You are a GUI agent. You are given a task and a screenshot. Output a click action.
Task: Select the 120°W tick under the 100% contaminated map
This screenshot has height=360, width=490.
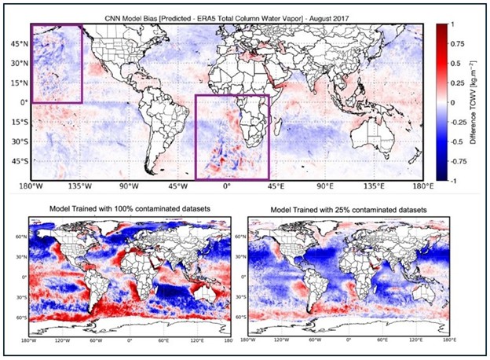65,340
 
